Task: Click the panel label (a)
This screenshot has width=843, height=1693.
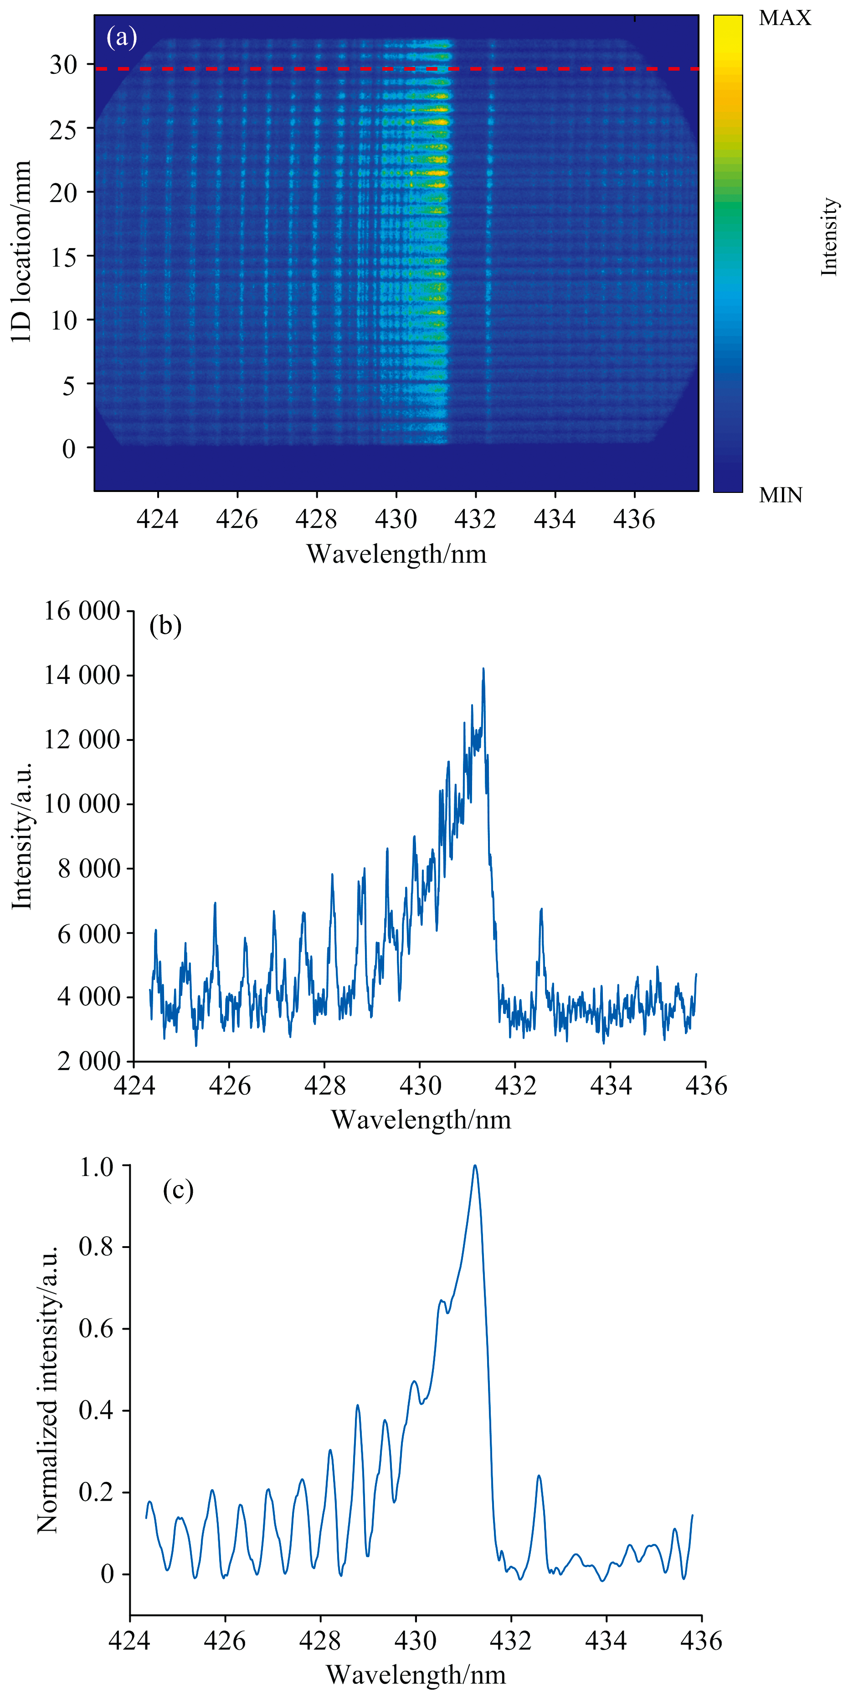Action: coord(122,37)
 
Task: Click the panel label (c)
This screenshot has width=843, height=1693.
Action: coord(178,1190)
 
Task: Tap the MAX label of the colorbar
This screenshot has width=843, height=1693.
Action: coord(785,18)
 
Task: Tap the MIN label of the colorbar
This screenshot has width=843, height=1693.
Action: coord(781,495)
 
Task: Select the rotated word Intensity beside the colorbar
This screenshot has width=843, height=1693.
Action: coord(829,237)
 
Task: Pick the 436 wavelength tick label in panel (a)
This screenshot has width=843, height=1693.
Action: coord(634,520)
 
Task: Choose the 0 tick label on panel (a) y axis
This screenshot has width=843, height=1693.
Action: coord(69,449)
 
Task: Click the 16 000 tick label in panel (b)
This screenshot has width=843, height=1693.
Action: coord(82,611)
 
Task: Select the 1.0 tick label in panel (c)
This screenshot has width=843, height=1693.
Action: coord(97,1167)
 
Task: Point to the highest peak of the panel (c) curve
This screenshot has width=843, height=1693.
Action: coord(475,1166)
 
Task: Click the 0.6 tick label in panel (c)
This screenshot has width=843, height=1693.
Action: coord(97,1328)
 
